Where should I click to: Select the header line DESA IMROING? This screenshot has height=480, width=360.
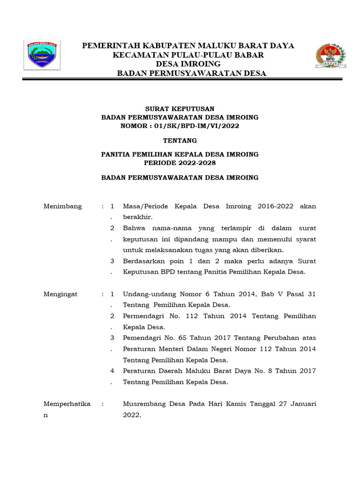(188, 64)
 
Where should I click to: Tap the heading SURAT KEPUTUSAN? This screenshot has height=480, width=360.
(180, 109)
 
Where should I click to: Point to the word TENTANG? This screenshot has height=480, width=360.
(180, 140)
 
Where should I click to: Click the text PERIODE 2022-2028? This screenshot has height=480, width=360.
(180, 163)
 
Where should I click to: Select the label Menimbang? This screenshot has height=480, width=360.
(62, 206)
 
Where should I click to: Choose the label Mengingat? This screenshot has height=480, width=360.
(60, 294)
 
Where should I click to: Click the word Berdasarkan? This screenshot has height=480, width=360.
(145, 261)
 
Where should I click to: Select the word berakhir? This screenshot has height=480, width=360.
(138, 217)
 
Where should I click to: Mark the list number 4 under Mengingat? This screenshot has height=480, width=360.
(112, 371)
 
